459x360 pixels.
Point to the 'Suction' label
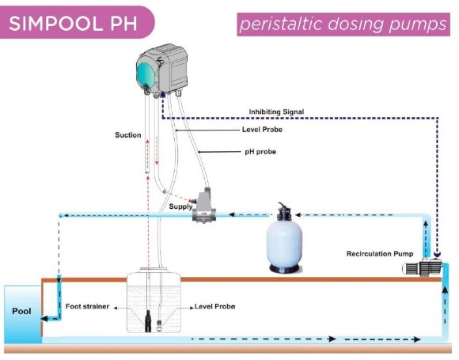127,135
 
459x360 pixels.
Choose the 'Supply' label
180,206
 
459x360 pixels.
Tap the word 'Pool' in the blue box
21,311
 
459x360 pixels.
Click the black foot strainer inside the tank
148,320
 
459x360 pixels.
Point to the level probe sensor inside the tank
160,324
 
